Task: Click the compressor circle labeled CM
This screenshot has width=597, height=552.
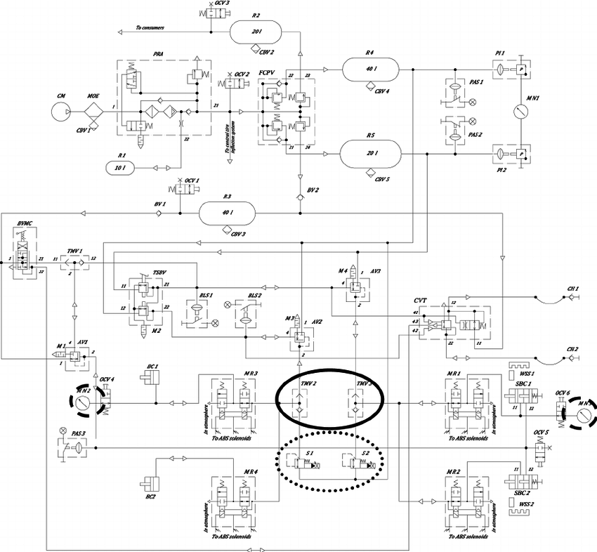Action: [61, 112]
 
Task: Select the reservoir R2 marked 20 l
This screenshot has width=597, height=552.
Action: [256, 31]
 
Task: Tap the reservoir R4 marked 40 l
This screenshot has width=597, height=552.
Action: [370, 70]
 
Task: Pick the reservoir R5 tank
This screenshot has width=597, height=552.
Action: [369, 152]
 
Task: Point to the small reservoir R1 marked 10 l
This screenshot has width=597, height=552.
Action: [123, 167]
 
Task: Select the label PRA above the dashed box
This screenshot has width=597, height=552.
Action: [158, 53]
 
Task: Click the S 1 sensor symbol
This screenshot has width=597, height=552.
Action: [303, 464]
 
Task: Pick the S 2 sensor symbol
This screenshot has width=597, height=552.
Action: [358, 464]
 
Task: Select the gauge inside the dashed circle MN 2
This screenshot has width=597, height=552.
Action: [83, 404]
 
